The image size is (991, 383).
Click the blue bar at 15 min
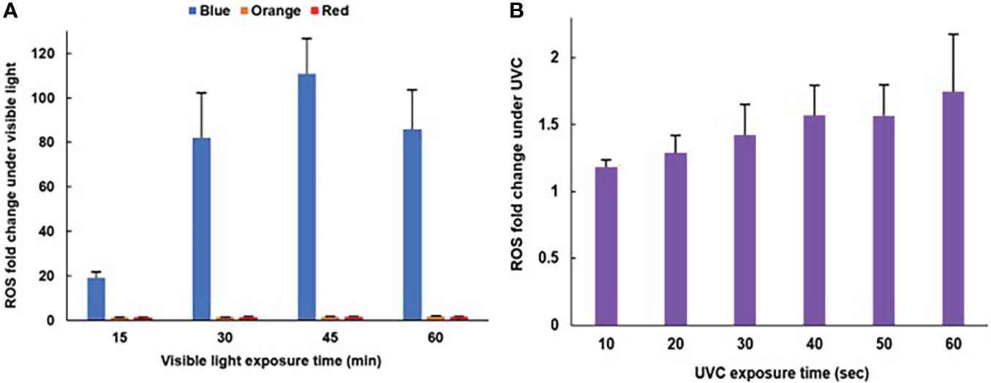[96, 299]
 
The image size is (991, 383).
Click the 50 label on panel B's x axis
[883, 344]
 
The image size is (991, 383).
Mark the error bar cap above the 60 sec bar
[953, 34]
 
